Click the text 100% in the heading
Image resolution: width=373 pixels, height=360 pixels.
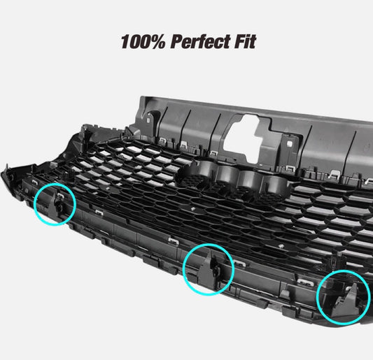[143, 41]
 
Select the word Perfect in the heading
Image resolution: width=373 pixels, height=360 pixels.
[201, 41]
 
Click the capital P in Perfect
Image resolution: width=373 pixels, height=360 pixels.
[178, 41]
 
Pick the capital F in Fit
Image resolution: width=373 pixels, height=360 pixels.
[240, 41]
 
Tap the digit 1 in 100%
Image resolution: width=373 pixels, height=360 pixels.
[125, 41]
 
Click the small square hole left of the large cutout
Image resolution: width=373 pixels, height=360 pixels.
[148, 120]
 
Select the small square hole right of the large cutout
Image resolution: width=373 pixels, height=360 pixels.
[290, 143]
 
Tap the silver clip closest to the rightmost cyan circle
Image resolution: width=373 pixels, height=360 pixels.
[305, 282]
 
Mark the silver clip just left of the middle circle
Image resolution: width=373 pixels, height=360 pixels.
[174, 241]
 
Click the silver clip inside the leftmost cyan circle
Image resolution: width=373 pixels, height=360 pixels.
[60, 196]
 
